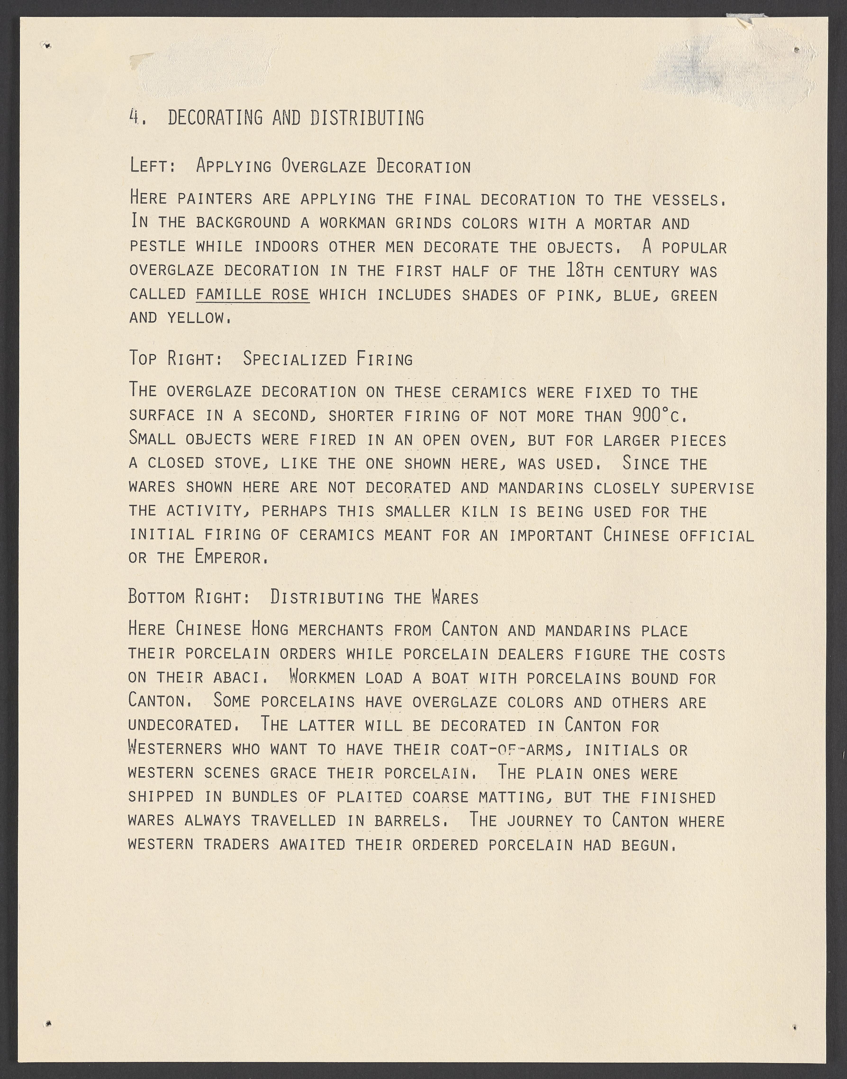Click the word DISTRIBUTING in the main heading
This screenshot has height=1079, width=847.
point(367,118)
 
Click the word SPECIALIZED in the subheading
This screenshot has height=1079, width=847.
point(295,359)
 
